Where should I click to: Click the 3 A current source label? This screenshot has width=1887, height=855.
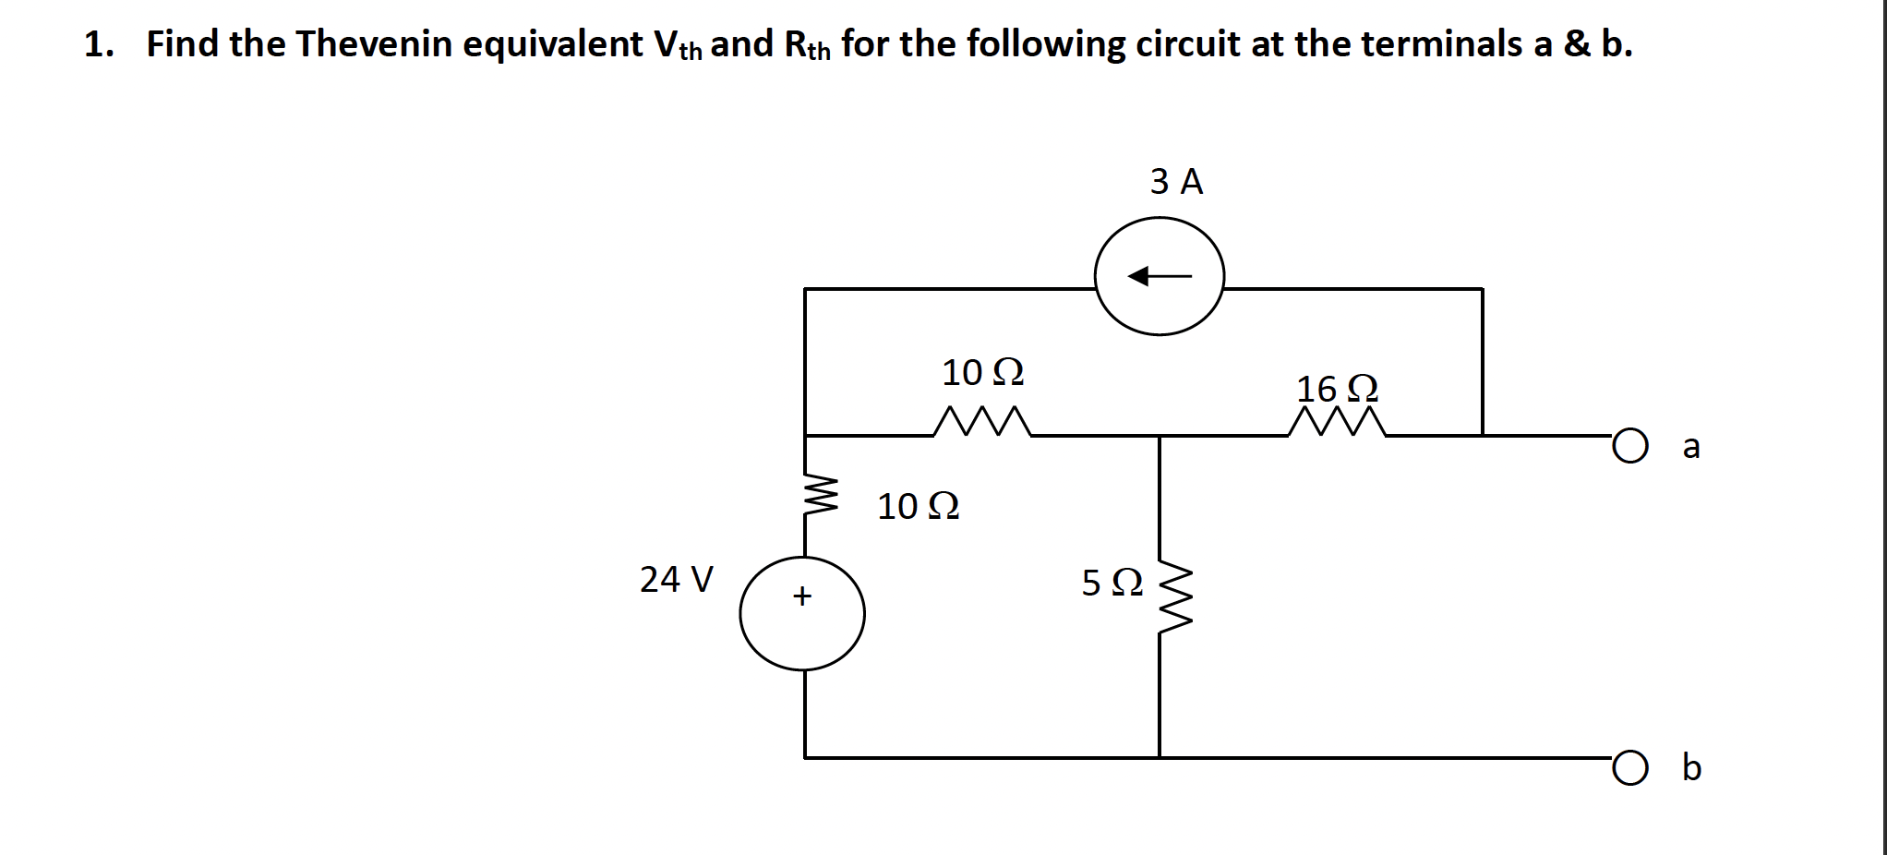(x=1176, y=182)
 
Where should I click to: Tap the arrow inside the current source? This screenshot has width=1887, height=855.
(x=1160, y=276)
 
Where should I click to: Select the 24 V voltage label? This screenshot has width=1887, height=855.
(x=676, y=580)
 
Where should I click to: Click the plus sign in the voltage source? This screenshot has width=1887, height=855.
(x=802, y=596)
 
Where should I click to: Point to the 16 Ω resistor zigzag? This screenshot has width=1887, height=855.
(x=1337, y=424)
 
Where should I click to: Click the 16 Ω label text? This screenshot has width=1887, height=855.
(x=1337, y=389)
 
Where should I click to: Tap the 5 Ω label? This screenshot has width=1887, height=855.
(x=1112, y=583)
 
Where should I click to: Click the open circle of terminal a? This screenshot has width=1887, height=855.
(x=1630, y=447)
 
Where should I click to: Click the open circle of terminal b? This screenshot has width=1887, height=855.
(x=1630, y=768)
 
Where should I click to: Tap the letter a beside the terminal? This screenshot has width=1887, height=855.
(x=1690, y=446)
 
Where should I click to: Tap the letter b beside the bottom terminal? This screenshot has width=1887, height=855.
(x=1690, y=767)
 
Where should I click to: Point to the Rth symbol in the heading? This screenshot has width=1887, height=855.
(x=807, y=45)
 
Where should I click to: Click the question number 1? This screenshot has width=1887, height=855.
(x=96, y=44)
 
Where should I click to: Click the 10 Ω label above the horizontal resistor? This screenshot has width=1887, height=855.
(x=982, y=373)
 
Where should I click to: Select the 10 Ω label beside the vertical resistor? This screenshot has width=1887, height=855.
(x=918, y=507)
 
